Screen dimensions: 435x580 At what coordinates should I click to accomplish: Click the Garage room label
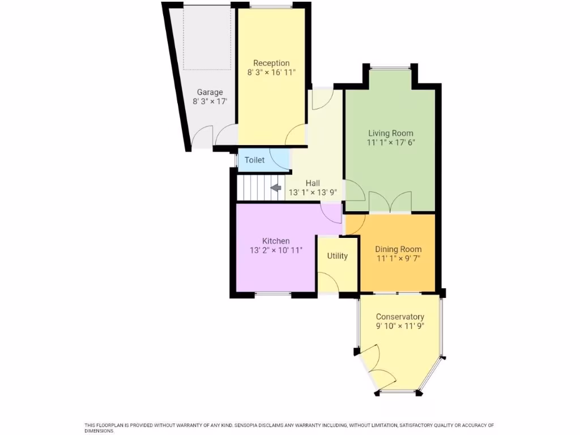click(210, 92)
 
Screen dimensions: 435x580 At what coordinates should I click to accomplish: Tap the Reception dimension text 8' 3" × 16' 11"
click(271, 72)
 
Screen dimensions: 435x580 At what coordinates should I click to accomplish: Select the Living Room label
click(391, 133)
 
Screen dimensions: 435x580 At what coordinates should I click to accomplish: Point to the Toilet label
click(254, 160)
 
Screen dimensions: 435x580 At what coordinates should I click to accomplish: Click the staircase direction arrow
click(276, 187)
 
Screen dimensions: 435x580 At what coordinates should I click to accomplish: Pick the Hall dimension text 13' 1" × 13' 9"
click(313, 192)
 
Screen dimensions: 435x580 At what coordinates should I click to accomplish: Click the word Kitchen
click(276, 241)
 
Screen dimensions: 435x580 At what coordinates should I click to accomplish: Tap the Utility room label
click(337, 256)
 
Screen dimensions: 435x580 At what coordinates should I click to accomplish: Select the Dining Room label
click(399, 249)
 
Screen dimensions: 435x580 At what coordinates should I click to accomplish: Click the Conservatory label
click(400, 317)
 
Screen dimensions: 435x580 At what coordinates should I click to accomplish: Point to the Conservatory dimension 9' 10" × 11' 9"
click(400, 326)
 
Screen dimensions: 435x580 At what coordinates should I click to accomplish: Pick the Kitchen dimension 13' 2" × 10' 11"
click(276, 250)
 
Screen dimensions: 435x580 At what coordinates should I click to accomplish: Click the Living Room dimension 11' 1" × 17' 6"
click(391, 143)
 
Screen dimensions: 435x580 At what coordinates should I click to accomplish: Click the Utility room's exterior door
click(329, 282)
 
